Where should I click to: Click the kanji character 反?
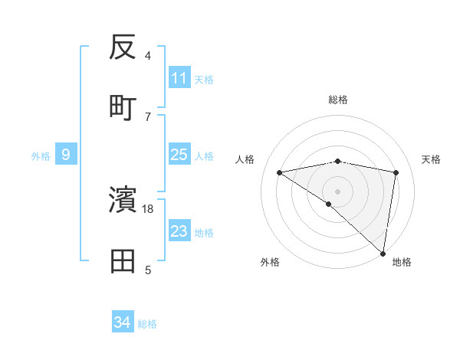[x=123, y=48]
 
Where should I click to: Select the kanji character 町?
[x=123, y=106]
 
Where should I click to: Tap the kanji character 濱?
[x=123, y=200]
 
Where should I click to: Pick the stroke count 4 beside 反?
[x=148, y=56]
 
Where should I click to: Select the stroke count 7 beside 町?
[x=148, y=116]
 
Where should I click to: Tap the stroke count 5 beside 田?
[x=148, y=270]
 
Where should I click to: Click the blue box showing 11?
[x=179, y=77]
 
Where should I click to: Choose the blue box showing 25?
[x=179, y=155]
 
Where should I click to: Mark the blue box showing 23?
[x=179, y=231]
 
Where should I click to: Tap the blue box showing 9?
[x=66, y=155]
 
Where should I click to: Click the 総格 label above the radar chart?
[x=338, y=100]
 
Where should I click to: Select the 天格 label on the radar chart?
[x=432, y=159]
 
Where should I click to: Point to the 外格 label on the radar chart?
[x=270, y=263]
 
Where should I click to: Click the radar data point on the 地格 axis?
[x=383, y=252]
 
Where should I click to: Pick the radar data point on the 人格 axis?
[x=280, y=172]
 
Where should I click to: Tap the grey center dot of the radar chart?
[x=338, y=190]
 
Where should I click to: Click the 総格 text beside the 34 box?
[x=147, y=324]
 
